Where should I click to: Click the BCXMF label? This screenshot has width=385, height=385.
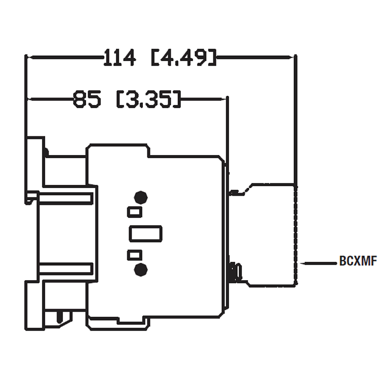point(358,262)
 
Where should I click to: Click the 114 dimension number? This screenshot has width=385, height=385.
point(120,58)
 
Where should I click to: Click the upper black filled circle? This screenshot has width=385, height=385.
point(141,197)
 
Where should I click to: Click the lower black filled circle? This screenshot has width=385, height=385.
point(141,270)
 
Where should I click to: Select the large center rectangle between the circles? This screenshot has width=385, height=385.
point(145,233)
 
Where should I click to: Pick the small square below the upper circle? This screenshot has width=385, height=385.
point(134,211)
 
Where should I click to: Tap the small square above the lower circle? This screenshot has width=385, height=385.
point(134,255)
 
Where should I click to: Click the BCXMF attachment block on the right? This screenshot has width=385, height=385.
point(272,235)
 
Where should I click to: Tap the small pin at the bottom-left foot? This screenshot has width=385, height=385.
point(60,317)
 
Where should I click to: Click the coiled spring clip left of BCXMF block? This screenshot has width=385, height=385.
point(234,272)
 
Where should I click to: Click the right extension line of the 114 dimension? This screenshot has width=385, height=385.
point(296,120)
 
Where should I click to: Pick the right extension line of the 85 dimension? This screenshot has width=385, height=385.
point(227,130)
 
